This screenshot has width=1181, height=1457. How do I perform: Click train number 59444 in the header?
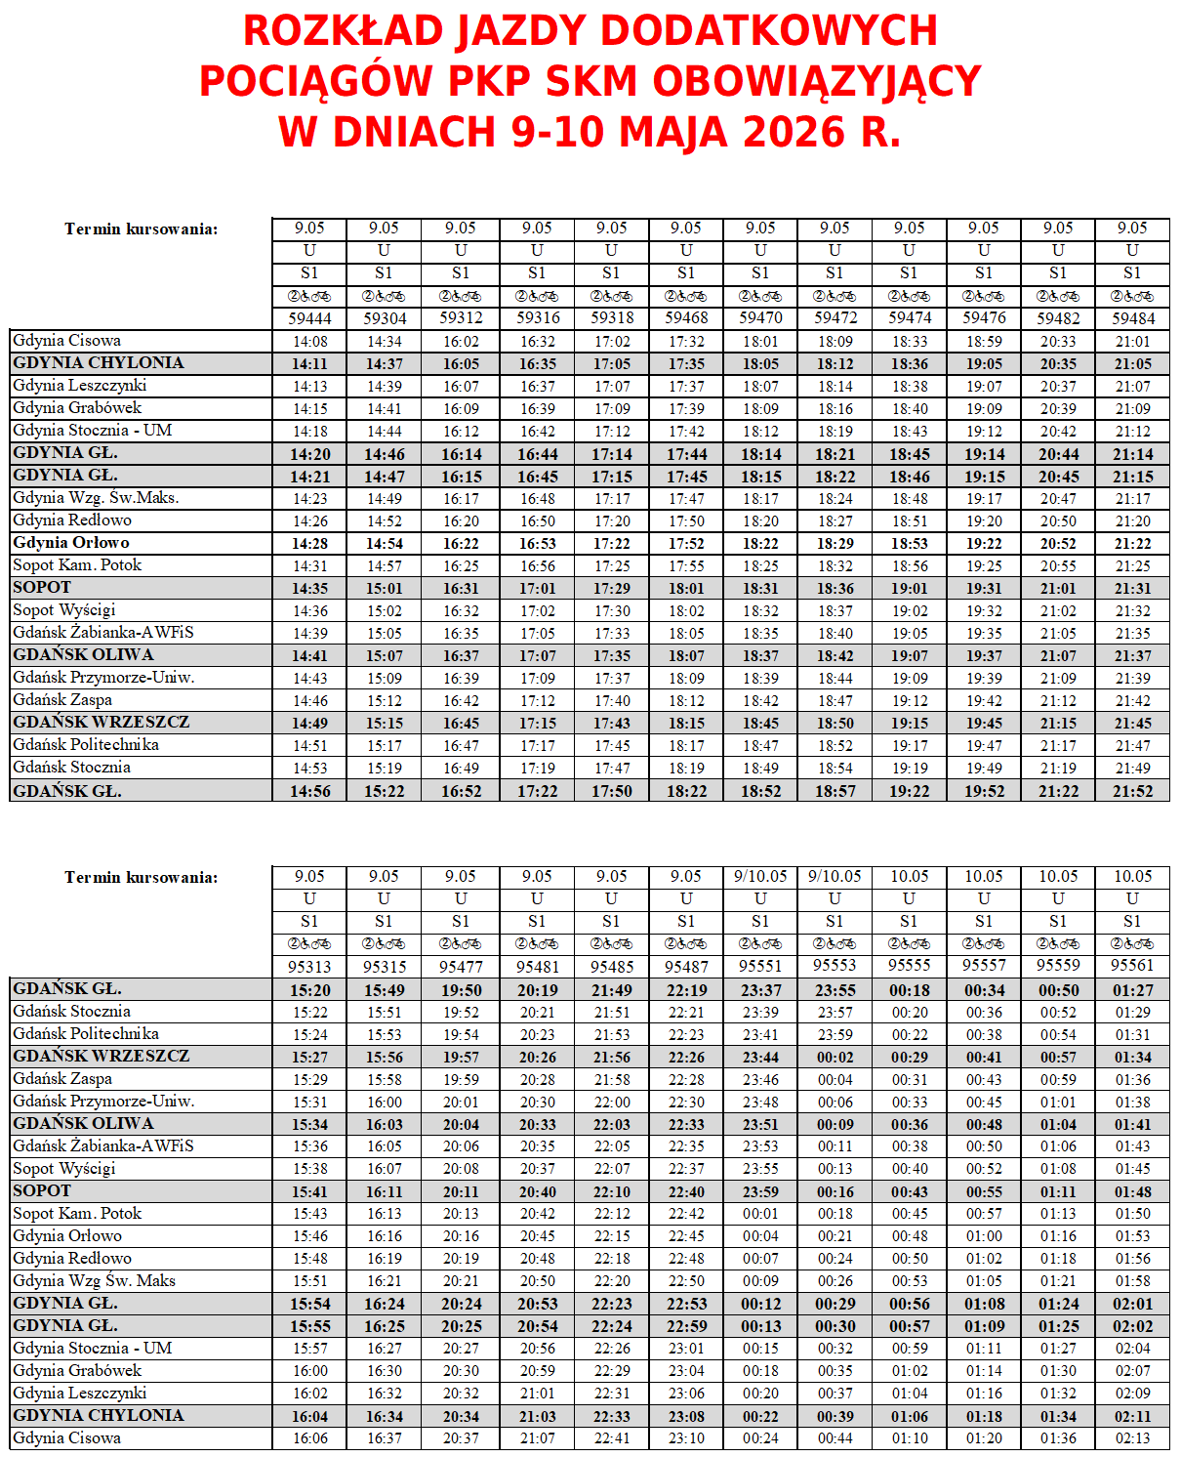point(309,318)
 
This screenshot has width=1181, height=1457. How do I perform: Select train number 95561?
point(1132,966)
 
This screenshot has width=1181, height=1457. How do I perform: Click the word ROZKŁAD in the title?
point(344,31)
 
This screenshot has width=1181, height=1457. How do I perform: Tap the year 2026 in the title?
point(794,133)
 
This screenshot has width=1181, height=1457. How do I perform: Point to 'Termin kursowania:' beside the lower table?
point(142,877)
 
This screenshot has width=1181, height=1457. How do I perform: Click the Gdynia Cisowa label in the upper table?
point(67,341)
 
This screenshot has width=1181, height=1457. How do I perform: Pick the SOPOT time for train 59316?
point(537,589)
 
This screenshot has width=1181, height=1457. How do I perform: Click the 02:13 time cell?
point(1132,1438)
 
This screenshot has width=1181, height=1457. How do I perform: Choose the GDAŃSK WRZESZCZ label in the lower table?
point(102,1057)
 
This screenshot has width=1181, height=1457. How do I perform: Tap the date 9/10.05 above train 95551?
point(760,877)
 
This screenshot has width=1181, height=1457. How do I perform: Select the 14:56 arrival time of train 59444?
point(309,791)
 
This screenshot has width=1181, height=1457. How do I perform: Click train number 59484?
point(1132,318)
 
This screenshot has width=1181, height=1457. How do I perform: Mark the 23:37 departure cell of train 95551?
point(760,990)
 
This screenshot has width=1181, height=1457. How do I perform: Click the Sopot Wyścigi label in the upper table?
point(64,610)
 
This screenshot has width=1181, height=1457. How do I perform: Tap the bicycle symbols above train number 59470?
point(760,296)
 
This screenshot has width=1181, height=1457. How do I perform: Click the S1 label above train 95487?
point(686,921)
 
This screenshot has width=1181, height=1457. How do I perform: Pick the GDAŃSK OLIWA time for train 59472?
point(835,656)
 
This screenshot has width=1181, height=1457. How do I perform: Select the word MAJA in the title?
point(674,133)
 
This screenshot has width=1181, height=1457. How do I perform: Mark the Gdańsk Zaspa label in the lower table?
point(62,1079)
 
